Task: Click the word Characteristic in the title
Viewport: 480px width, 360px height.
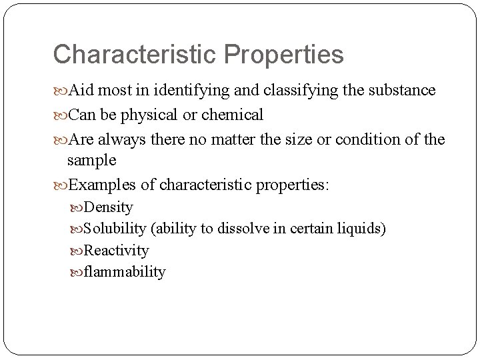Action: (x=131, y=55)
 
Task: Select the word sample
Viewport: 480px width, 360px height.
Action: (x=92, y=161)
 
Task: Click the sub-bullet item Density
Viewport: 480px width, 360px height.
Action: (x=109, y=207)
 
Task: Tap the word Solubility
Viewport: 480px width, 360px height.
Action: (x=115, y=229)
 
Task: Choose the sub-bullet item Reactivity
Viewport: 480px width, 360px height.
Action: (x=117, y=250)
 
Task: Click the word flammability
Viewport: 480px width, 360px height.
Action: (x=125, y=271)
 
